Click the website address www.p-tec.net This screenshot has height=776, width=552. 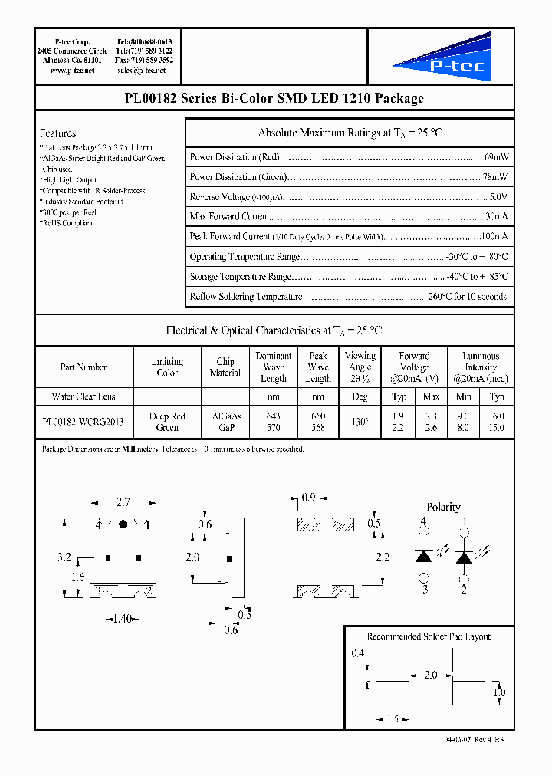(72, 71)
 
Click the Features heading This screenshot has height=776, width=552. (58, 133)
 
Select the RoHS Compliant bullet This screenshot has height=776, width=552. (66, 223)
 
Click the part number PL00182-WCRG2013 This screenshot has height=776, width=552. (83, 422)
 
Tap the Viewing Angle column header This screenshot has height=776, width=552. (360, 367)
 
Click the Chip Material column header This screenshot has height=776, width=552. (225, 367)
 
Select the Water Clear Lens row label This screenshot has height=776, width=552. (84, 396)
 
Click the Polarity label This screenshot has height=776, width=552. (443, 507)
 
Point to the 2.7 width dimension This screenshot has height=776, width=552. (123, 503)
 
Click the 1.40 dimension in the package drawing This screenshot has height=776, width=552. (123, 618)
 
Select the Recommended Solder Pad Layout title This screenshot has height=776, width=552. (429, 636)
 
